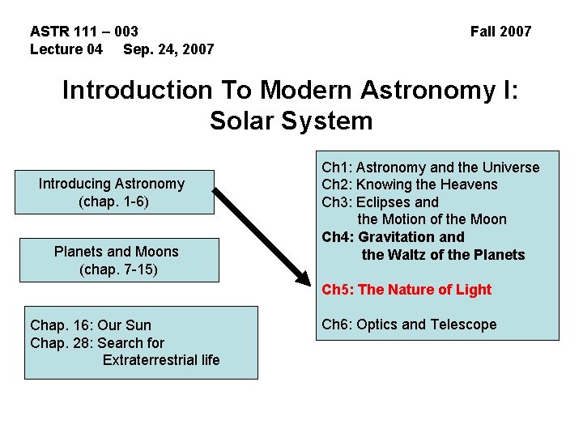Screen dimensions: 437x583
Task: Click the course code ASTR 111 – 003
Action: tap(84, 32)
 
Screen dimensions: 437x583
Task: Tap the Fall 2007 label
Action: tap(500, 32)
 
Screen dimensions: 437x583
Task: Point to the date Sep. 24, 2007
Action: tap(168, 49)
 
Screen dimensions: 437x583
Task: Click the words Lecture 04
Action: tap(66, 49)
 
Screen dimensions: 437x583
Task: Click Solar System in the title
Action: tap(291, 121)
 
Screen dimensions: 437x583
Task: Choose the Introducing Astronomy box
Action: tap(112, 192)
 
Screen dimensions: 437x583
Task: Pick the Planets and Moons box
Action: tap(117, 260)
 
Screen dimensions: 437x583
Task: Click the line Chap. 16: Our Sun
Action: tap(91, 325)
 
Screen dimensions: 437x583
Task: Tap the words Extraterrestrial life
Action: tap(161, 359)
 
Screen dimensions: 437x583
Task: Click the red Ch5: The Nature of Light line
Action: tap(406, 290)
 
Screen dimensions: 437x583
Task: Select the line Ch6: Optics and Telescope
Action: tap(409, 325)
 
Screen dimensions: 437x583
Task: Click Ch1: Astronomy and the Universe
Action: tap(430, 168)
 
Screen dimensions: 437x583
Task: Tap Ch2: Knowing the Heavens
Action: tap(410, 185)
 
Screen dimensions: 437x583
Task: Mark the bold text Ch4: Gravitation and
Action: tap(393, 237)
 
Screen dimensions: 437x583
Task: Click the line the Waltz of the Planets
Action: tap(443, 255)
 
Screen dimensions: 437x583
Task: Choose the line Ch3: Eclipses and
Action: tap(380, 202)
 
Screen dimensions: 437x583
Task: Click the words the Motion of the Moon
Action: tap(432, 219)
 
